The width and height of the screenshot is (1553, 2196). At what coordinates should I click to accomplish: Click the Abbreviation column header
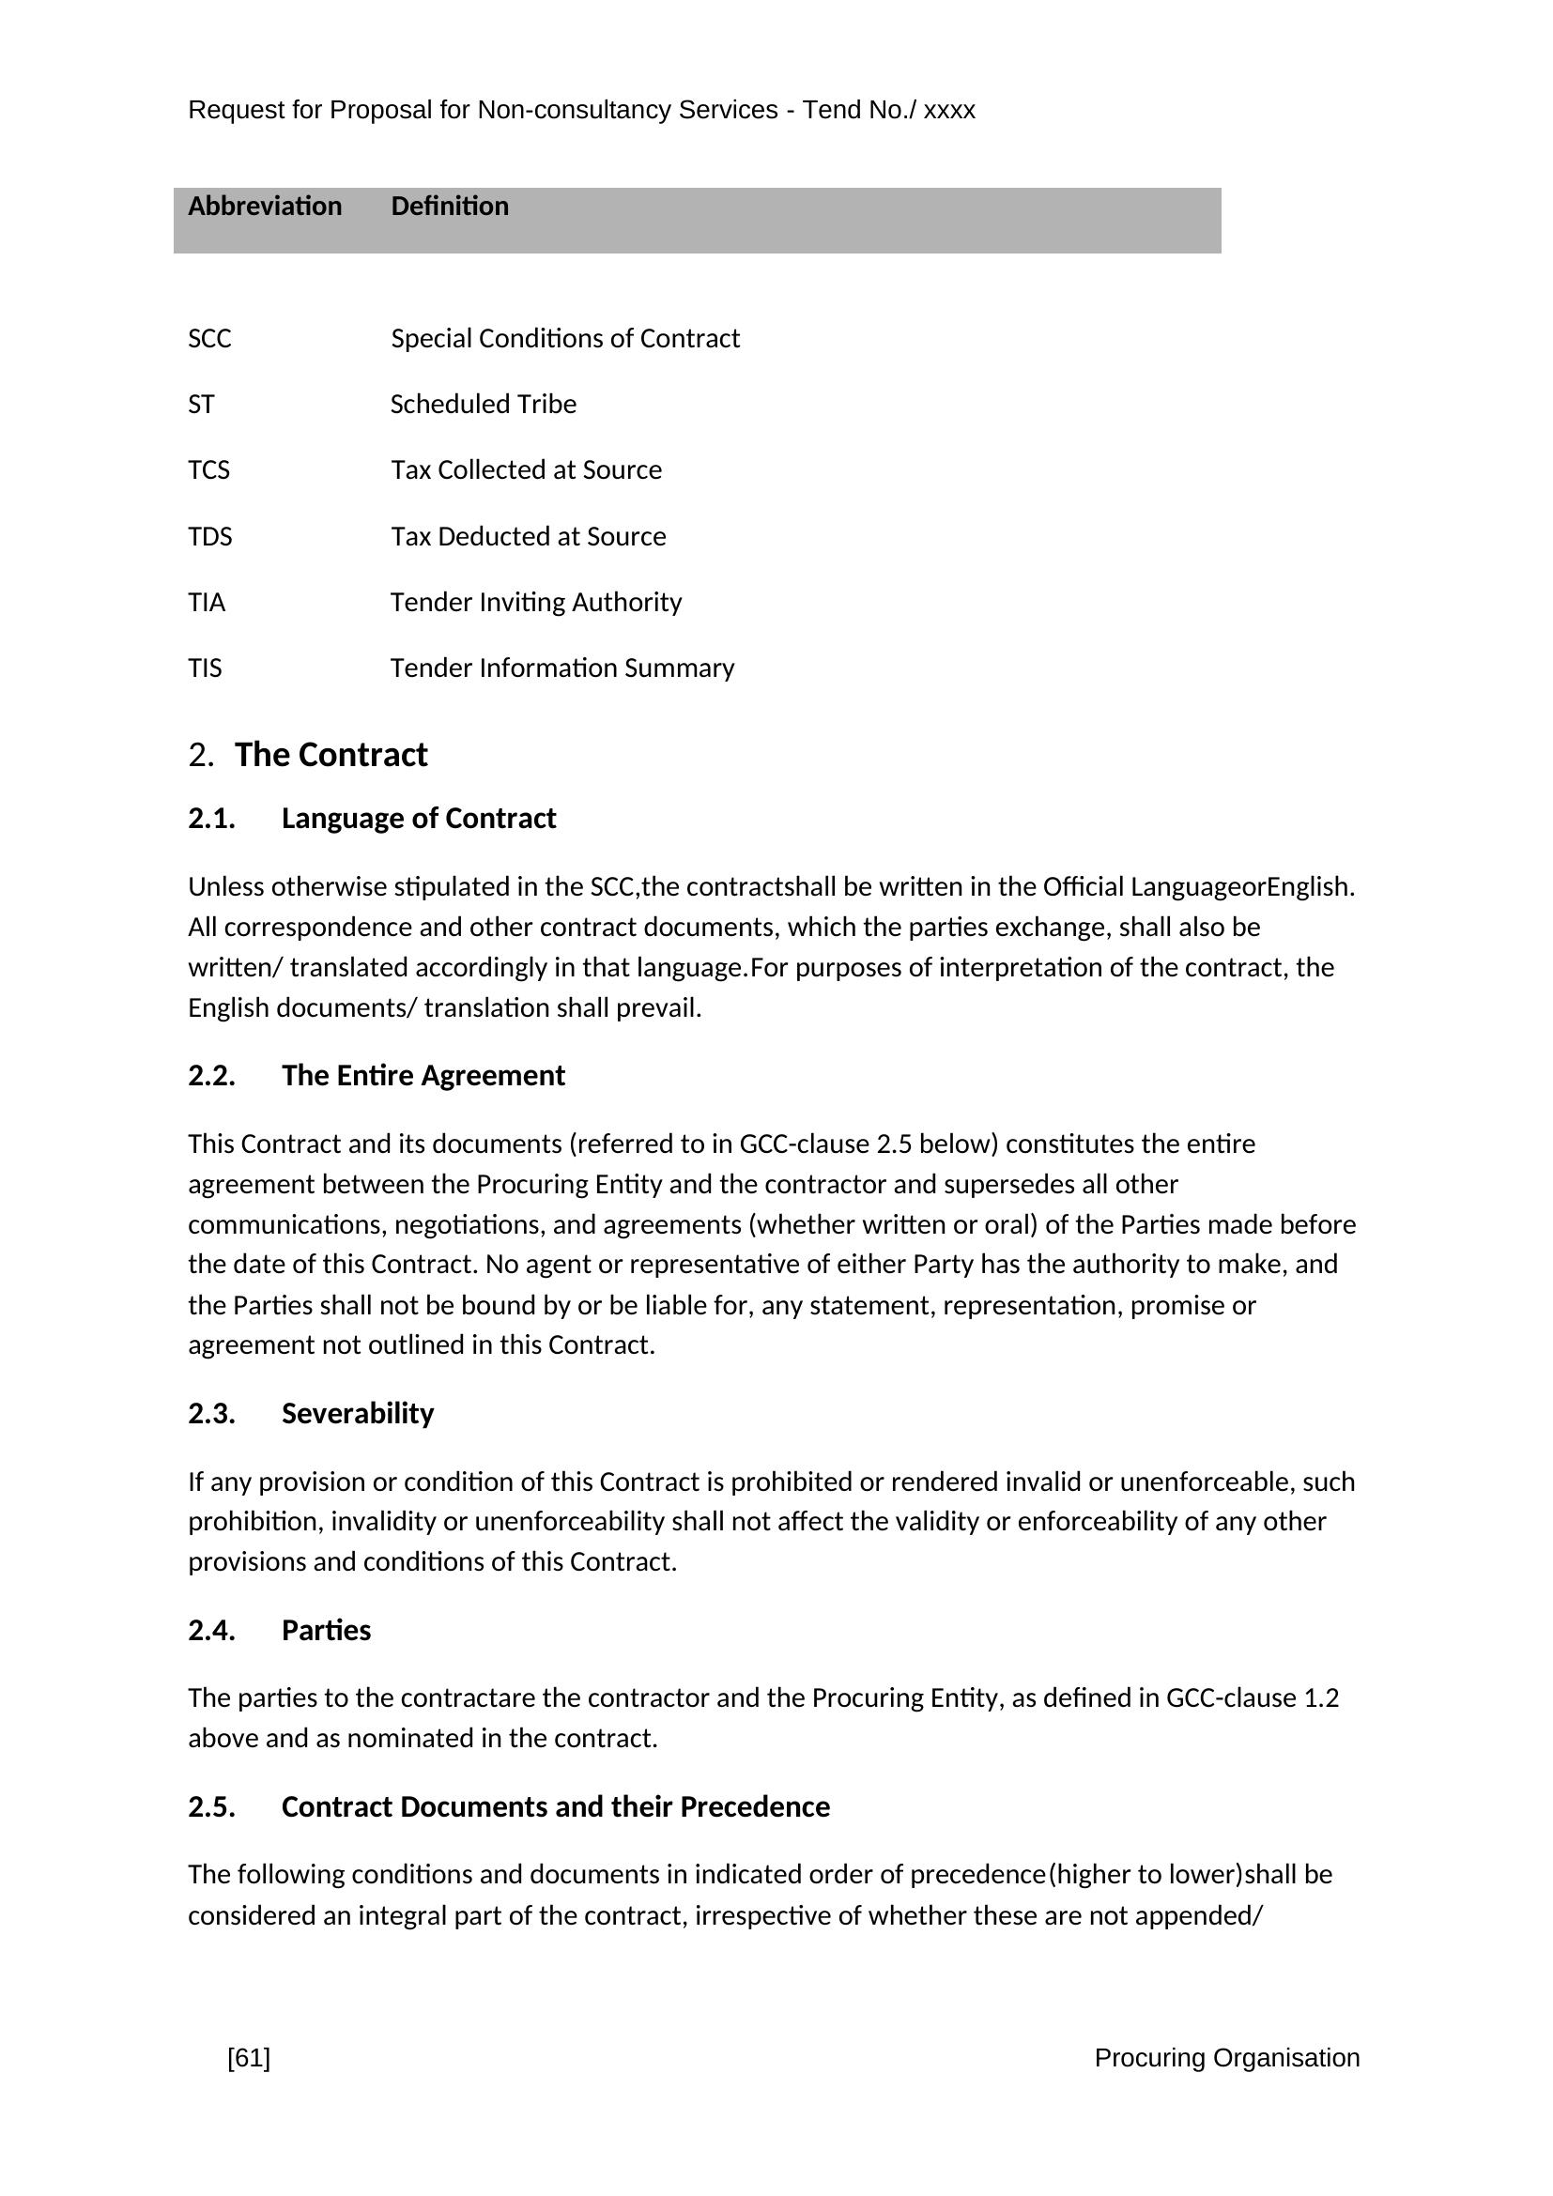(x=264, y=207)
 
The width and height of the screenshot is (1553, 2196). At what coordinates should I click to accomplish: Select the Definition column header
(x=450, y=207)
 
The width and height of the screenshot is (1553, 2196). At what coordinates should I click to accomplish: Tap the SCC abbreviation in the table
(x=209, y=339)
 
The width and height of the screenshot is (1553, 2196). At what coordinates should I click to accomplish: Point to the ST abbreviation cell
(x=201, y=405)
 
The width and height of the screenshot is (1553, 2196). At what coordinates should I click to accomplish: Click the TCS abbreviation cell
(x=208, y=470)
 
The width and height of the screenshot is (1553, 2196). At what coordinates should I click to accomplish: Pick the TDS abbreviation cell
(x=209, y=537)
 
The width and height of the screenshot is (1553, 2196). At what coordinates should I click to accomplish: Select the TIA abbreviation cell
(x=207, y=603)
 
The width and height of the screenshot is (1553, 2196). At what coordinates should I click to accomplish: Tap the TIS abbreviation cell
(x=205, y=668)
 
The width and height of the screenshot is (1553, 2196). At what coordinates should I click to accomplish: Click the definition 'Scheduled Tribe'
(x=483, y=405)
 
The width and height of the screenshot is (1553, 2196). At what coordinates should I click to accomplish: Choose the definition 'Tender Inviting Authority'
(x=535, y=603)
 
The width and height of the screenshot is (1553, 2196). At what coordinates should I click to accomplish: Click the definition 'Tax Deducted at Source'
(x=528, y=537)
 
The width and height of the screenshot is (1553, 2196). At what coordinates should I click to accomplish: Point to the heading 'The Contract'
(x=331, y=755)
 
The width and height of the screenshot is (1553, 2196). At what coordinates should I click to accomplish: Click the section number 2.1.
(x=211, y=819)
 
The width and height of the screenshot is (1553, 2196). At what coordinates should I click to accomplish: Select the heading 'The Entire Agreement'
(x=423, y=1076)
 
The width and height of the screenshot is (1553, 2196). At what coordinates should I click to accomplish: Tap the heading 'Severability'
(x=358, y=1414)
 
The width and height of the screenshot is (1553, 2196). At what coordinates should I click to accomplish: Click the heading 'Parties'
(x=326, y=1631)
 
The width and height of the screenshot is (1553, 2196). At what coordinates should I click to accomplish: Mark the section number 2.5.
(x=211, y=1807)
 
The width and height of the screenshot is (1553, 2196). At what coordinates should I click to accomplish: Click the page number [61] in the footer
(x=249, y=2058)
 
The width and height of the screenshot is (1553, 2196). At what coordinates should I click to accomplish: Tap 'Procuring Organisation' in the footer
(x=1226, y=2058)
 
